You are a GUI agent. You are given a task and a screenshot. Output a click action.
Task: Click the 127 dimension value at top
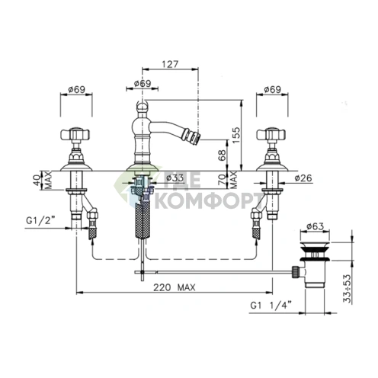click(170, 64)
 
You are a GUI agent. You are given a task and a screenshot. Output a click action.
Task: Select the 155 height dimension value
click(235, 135)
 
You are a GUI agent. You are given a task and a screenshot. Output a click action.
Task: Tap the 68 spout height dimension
click(222, 155)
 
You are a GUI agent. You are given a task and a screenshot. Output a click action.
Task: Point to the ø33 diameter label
click(175, 178)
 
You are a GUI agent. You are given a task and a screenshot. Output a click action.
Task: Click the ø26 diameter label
click(303, 178)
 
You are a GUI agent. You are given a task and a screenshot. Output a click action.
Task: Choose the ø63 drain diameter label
click(315, 226)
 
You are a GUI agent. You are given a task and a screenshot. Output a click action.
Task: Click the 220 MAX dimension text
click(175, 287)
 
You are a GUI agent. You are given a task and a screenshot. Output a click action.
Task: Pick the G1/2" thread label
click(40, 220)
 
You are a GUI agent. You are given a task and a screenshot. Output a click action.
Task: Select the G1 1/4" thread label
click(271, 305)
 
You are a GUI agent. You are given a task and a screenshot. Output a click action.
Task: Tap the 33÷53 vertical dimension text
click(347, 289)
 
